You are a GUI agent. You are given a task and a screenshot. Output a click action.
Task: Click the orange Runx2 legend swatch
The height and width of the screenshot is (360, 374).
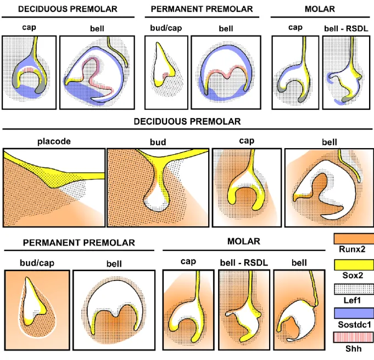[354, 238]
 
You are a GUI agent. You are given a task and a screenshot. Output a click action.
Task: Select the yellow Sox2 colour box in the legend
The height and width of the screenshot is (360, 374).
[354, 265]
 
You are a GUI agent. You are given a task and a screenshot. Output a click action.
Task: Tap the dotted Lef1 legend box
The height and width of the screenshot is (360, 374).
[354, 289]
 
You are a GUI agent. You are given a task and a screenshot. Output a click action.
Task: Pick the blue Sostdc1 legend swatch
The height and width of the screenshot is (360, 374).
[354, 313]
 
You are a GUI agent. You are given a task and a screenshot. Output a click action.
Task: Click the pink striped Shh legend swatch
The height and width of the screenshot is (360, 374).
[354, 337]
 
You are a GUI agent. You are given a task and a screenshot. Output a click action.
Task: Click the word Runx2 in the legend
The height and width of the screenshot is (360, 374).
[352, 249]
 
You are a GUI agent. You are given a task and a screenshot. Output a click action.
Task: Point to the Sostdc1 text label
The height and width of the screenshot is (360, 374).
[354, 324]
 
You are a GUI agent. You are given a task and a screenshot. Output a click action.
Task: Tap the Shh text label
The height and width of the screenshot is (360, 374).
[354, 349]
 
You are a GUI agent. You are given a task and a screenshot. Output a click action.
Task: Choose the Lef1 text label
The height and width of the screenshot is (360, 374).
[352, 300]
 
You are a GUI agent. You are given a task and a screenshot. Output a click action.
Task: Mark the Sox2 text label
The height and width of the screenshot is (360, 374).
[353, 275]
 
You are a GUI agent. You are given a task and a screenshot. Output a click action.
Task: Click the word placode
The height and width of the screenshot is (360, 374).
[54, 142]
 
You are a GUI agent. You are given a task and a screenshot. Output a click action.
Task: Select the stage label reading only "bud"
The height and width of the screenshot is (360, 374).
[158, 142]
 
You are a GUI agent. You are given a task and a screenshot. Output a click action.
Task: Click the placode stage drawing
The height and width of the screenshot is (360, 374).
[54, 188]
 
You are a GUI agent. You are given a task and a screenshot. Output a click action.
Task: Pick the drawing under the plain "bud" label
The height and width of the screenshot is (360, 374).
[158, 188]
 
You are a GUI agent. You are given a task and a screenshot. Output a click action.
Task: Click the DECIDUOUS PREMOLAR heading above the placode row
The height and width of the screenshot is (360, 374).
[187, 121]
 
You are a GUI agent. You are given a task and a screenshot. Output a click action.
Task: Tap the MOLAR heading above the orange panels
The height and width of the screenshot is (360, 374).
[244, 241]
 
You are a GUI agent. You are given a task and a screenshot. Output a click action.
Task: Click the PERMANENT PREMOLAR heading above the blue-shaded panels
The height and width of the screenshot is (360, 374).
[202, 9]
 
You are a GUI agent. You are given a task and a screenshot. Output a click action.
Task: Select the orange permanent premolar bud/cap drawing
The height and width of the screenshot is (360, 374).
[37, 310]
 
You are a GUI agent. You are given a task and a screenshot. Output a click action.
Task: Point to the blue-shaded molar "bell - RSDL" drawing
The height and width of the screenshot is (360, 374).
[347, 72]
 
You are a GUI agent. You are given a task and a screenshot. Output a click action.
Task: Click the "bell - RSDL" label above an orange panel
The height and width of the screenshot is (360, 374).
[244, 263]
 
